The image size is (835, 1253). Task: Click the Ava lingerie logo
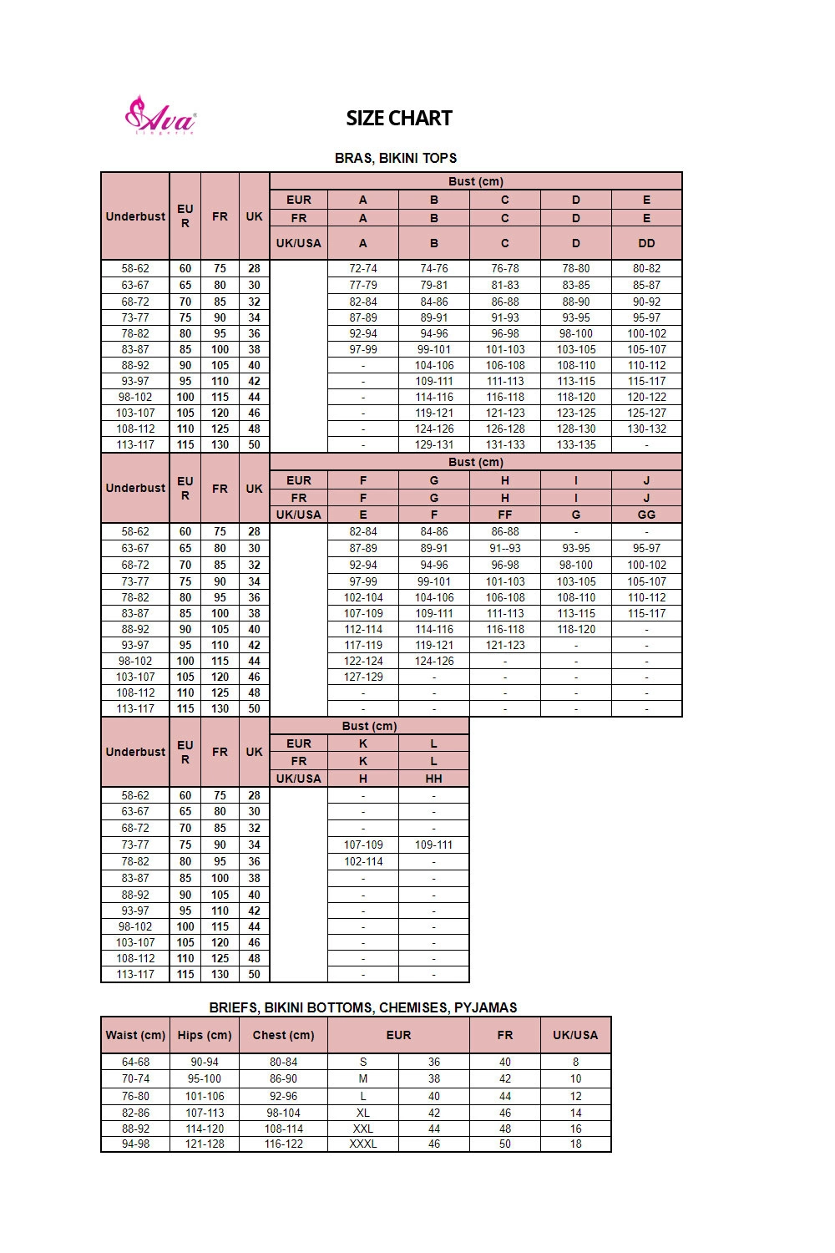pos(160,115)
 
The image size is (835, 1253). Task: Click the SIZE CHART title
pos(399,119)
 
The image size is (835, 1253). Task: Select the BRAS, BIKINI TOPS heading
pos(396,158)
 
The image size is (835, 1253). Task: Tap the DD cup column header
pos(646,243)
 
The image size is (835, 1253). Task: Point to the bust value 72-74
pos(363,269)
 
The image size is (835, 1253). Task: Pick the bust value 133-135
pos(576,445)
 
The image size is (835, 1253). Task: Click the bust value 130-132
pos(646,429)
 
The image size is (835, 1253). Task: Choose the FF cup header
pos(504,515)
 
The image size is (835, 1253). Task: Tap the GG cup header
pos(646,515)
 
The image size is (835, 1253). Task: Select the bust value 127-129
pos(363,677)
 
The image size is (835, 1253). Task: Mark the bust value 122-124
pos(363,662)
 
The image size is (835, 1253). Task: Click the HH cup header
pos(433,779)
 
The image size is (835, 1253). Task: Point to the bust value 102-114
pos(363,861)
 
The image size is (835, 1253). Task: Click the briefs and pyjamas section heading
pos(363,1007)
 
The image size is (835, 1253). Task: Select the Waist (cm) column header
pos(135,1035)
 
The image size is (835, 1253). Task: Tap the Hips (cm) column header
pos(205,1035)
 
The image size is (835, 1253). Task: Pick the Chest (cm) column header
pos(283,1035)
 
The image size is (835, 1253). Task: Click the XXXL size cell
pos(363,1144)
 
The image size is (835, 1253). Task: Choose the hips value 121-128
pos(205,1144)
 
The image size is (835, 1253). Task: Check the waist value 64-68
pos(135,1063)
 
